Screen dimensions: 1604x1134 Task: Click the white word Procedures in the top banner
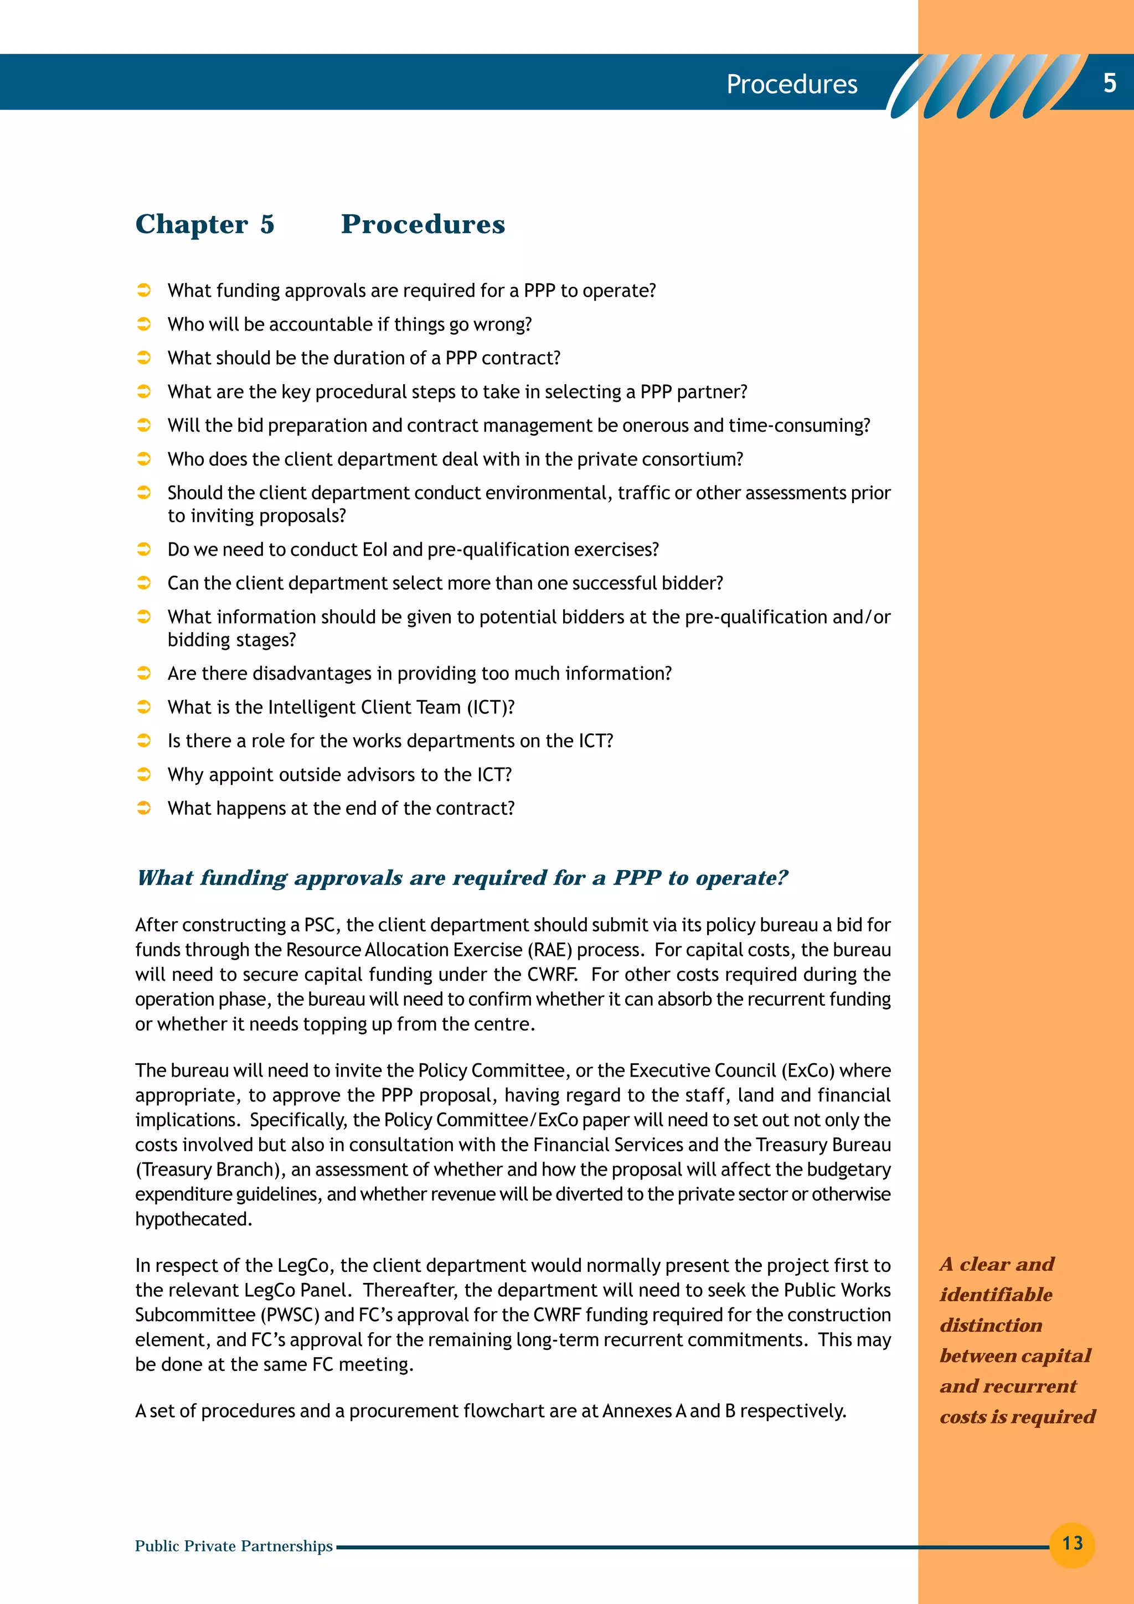click(792, 85)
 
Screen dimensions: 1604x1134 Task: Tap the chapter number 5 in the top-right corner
click(1109, 83)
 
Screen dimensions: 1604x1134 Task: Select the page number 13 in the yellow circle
click(1072, 1543)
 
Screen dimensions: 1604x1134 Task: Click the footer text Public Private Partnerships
click(233, 1546)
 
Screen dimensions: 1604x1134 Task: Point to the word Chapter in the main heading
click(192, 224)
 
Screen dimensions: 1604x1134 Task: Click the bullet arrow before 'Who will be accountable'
click(144, 324)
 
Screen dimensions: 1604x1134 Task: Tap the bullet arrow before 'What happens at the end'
click(144, 808)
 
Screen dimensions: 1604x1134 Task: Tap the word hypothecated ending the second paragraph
click(193, 1219)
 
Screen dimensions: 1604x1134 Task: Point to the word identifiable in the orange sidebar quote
click(996, 1295)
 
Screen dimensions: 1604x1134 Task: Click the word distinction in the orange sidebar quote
click(991, 1325)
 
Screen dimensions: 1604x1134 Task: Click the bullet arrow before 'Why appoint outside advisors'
click(144, 775)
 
